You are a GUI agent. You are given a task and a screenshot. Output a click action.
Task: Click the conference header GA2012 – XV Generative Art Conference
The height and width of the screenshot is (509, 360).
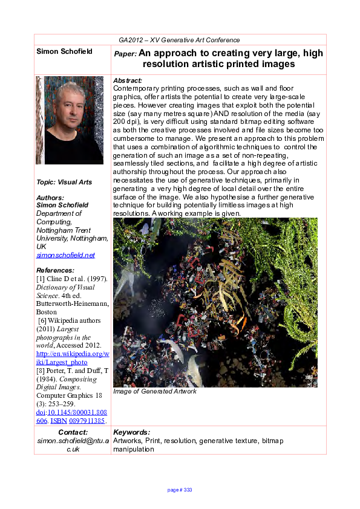pyautogui.click(x=179, y=40)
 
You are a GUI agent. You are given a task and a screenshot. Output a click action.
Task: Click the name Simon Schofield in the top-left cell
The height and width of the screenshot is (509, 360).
pyautogui.click(x=64, y=51)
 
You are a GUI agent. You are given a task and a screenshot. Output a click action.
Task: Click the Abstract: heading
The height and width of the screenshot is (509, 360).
pyautogui.click(x=128, y=80)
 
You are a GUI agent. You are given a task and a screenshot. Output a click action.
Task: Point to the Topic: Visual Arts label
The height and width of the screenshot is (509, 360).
pyautogui.click(x=64, y=182)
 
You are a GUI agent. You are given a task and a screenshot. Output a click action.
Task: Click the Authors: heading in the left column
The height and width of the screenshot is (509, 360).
pyautogui.click(x=50, y=198)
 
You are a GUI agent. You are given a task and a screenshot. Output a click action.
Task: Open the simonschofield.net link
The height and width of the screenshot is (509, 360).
pyautogui.click(x=65, y=255)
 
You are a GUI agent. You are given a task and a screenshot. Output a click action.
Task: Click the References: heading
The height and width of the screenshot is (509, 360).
pyautogui.click(x=56, y=270)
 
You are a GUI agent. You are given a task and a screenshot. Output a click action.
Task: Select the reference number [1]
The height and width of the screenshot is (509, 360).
pyautogui.click(x=41, y=278)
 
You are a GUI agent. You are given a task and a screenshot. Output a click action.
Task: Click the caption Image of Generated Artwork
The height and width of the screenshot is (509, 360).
pyautogui.click(x=155, y=391)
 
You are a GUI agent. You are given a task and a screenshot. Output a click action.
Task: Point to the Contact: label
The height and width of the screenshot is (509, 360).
pyautogui.click(x=73, y=432)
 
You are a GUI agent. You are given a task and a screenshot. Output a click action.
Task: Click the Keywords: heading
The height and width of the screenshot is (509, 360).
pyautogui.click(x=131, y=432)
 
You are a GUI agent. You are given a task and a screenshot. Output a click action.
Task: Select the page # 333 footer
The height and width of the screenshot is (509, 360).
pyautogui.click(x=180, y=490)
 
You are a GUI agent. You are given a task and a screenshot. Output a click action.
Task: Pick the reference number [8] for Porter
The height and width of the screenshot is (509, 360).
pyautogui.click(x=41, y=370)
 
